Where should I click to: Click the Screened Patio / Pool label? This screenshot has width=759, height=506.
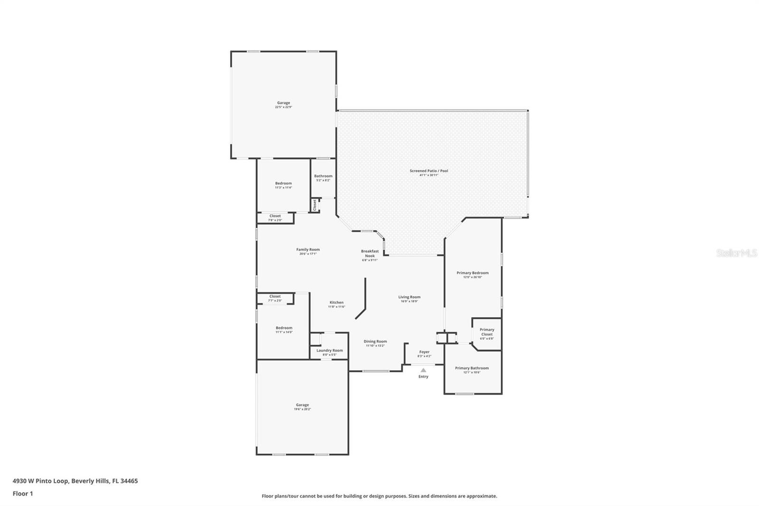pyautogui.click(x=429, y=170)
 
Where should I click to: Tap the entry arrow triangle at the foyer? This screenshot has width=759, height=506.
pyautogui.click(x=423, y=370)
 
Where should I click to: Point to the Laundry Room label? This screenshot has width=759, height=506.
pyautogui.click(x=330, y=350)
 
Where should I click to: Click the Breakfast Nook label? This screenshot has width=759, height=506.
pyautogui.click(x=370, y=253)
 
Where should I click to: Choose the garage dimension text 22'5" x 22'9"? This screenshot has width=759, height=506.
pyautogui.click(x=283, y=107)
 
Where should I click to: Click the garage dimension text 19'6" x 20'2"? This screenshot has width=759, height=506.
pyautogui.click(x=302, y=409)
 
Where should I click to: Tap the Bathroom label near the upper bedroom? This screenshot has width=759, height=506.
pyautogui.click(x=323, y=176)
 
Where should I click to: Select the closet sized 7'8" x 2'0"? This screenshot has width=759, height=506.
pyautogui.click(x=275, y=218)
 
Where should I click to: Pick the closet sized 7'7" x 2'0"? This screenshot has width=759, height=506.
pyautogui.click(x=275, y=299)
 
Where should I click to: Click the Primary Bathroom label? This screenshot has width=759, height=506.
pyautogui.click(x=472, y=368)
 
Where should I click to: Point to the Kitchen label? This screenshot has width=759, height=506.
pyautogui.click(x=336, y=302)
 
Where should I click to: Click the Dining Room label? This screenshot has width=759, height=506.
pyautogui.click(x=375, y=341)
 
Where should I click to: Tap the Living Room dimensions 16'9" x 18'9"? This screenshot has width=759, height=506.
pyautogui.click(x=409, y=301)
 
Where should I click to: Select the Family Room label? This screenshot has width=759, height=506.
pyautogui.click(x=308, y=249)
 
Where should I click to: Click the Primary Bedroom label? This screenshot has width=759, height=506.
pyautogui.click(x=472, y=273)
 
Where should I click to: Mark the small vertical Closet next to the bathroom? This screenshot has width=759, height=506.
pyautogui.click(x=315, y=205)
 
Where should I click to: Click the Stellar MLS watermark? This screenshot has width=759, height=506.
pyautogui.click(x=736, y=253)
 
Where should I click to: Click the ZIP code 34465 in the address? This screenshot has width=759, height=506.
pyautogui.click(x=129, y=481)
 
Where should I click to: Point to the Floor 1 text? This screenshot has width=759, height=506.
pyautogui.click(x=23, y=494)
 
